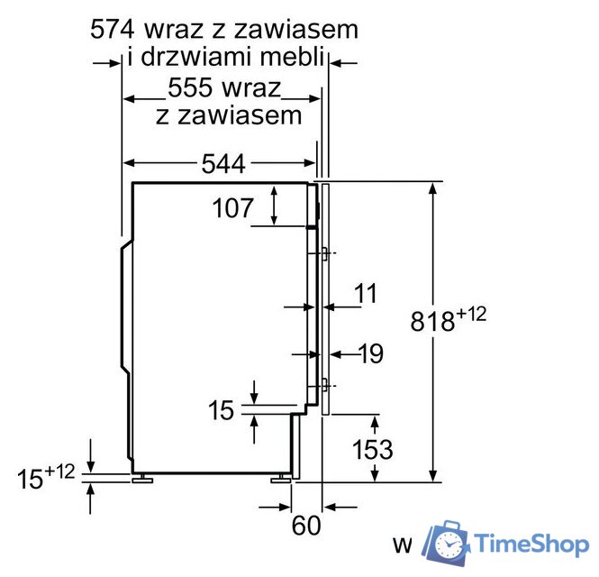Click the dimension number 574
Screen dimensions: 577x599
(116, 29)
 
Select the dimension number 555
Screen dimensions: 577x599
(194, 89)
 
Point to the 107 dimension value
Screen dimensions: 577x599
(233, 209)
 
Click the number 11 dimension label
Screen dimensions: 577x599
(365, 294)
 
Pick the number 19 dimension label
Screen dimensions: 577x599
(369, 354)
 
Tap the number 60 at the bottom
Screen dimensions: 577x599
(306, 525)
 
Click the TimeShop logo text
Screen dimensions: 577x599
(531, 544)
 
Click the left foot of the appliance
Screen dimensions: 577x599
(142, 479)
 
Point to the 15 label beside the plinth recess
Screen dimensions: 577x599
(221, 411)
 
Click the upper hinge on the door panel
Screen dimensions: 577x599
(322, 253)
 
